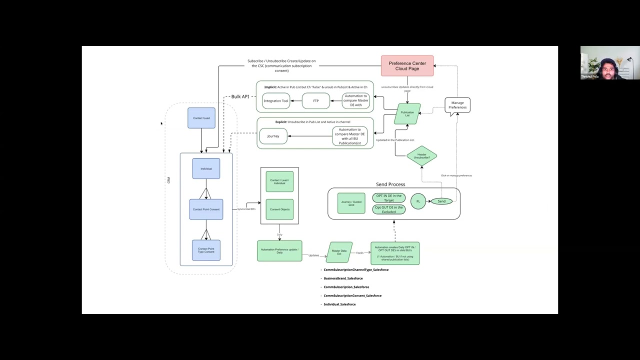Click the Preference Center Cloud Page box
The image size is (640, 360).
[x=407, y=66]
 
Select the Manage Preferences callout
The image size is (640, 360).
[x=457, y=105]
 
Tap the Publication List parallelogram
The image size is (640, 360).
[x=407, y=114]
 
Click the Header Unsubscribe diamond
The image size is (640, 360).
[x=421, y=156]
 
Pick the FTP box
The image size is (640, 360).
[x=315, y=101]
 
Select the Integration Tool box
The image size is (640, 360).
[x=276, y=101]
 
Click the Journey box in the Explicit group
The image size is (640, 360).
[x=273, y=136]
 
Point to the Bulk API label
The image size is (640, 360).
[x=240, y=96]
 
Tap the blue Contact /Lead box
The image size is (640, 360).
[x=201, y=118]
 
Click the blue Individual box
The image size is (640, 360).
[x=206, y=168]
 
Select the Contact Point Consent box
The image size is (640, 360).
[x=206, y=209]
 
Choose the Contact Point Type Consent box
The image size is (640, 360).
[x=206, y=250]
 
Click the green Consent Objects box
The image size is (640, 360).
[x=279, y=209]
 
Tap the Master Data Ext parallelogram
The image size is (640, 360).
[x=339, y=252]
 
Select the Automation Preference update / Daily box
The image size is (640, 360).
[x=279, y=251]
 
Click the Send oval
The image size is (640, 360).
[x=441, y=201]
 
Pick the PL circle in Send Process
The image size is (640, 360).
[x=418, y=201]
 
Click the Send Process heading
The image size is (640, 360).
[x=390, y=184]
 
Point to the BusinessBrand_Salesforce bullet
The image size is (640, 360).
[x=343, y=278]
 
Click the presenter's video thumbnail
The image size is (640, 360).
[x=609, y=63]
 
